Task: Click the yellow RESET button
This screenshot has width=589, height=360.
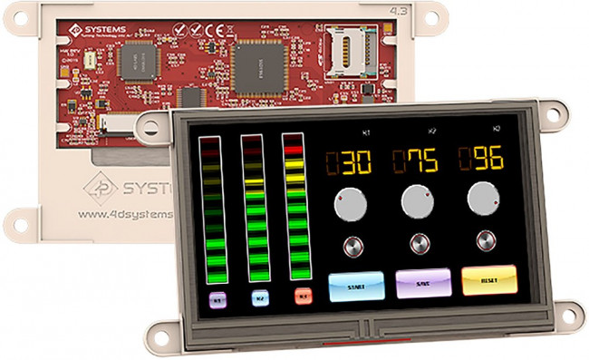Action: click(488, 281)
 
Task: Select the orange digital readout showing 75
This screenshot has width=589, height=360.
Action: click(416, 161)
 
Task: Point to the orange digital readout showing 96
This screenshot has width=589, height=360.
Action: click(481, 159)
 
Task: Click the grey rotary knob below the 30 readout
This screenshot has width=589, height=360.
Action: click(350, 206)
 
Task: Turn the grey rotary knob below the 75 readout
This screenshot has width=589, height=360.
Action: click(417, 202)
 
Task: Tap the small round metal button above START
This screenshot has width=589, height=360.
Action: click(350, 246)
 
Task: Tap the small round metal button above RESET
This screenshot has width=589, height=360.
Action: click(486, 241)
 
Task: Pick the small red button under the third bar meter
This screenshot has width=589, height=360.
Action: click(302, 295)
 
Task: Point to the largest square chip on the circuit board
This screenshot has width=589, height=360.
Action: click(258, 63)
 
